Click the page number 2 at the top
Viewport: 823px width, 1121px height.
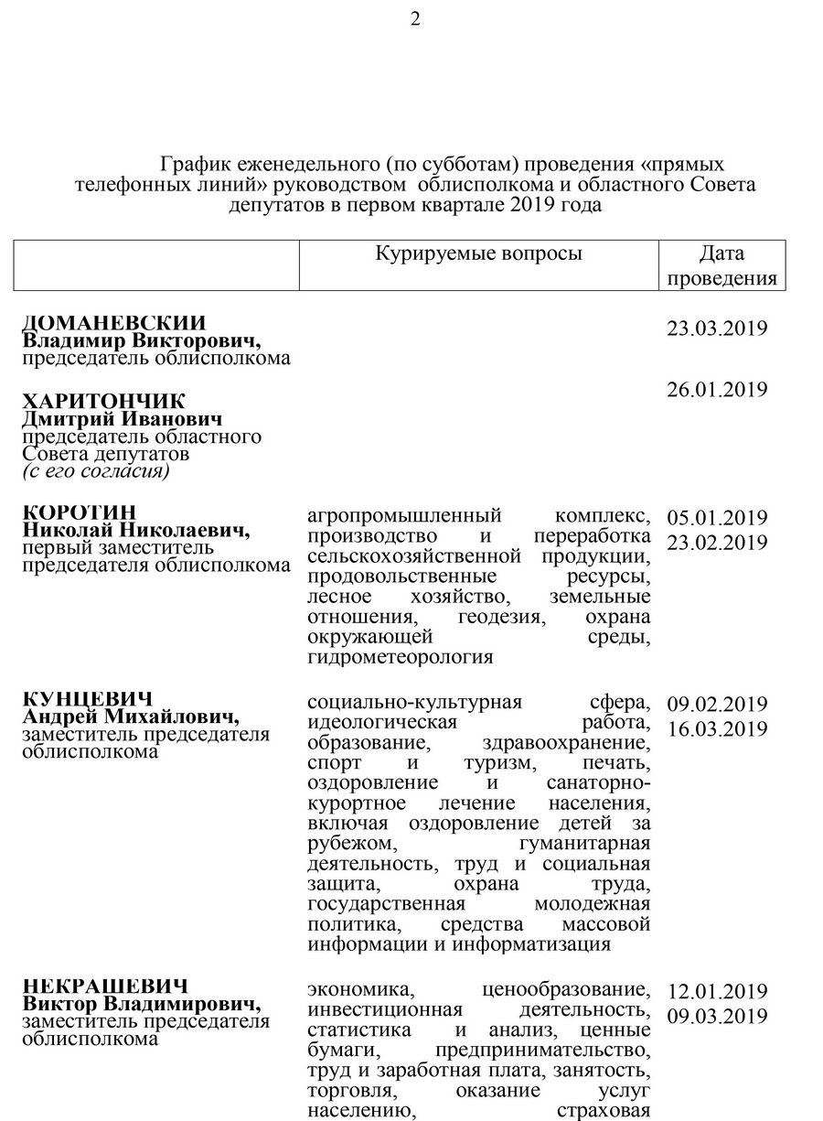415,20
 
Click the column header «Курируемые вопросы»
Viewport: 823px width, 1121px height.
478,253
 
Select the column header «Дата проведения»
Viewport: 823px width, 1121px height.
721,265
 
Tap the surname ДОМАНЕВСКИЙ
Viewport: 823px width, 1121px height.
114,323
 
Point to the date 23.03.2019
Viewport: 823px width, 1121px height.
717,329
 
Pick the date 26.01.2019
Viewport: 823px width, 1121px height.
717,390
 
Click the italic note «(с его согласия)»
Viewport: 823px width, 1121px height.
96,471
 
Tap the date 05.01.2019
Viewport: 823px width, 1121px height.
717,518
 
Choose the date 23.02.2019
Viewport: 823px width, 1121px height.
717,543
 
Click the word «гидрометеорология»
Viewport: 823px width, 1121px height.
401,656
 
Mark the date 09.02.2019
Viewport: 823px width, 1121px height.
717,705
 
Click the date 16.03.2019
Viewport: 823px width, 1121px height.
717,729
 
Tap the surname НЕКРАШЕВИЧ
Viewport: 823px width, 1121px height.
105,986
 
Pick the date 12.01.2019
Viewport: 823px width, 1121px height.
717,992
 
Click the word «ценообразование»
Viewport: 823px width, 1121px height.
565,990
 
